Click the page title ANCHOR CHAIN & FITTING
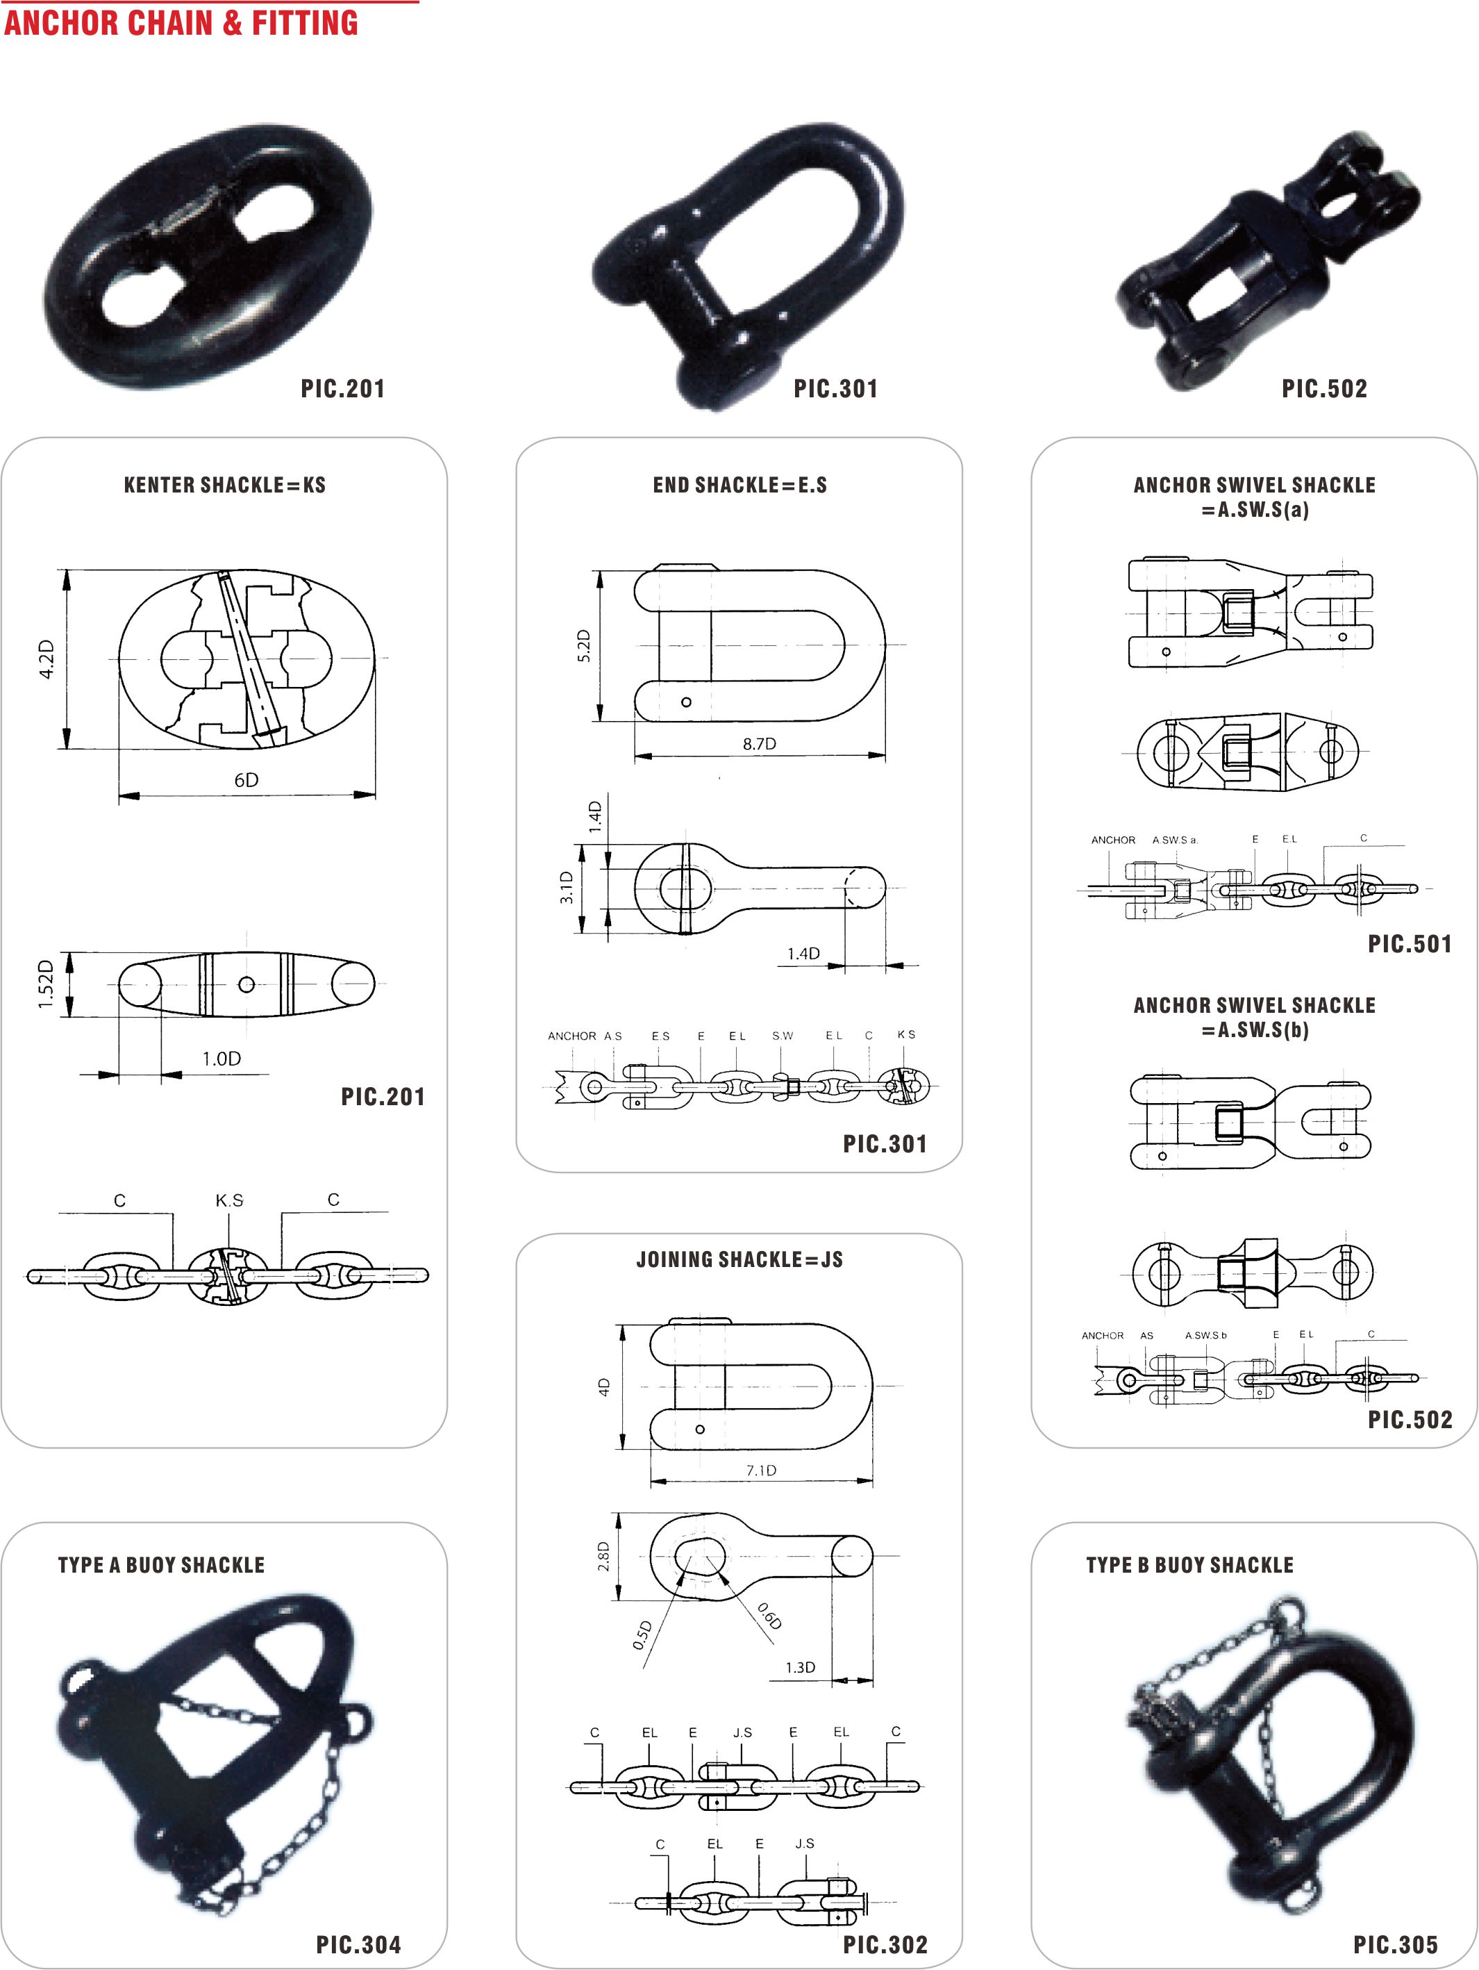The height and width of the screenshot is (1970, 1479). (181, 22)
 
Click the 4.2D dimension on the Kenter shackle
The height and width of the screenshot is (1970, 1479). (47, 659)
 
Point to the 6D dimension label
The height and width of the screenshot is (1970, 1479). (246, 780)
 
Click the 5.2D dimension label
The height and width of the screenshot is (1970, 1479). (584, 646)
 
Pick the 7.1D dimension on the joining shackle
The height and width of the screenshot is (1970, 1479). (761, 1469)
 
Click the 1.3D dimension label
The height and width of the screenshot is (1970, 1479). (800, 1667)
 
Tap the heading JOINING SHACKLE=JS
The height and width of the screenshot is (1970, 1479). (739, 1259)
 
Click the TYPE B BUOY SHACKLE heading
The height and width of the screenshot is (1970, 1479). (1189, 1565)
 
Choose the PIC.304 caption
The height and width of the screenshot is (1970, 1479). (359, 1945)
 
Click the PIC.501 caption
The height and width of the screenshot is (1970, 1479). (1410, 944)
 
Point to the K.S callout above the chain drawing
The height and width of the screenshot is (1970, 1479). (229, 1200)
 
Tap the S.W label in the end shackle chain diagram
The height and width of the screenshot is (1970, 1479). (783, 1036)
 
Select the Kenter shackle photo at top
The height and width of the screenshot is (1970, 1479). (208, 256)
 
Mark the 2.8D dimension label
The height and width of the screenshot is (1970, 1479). (603, 1556)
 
